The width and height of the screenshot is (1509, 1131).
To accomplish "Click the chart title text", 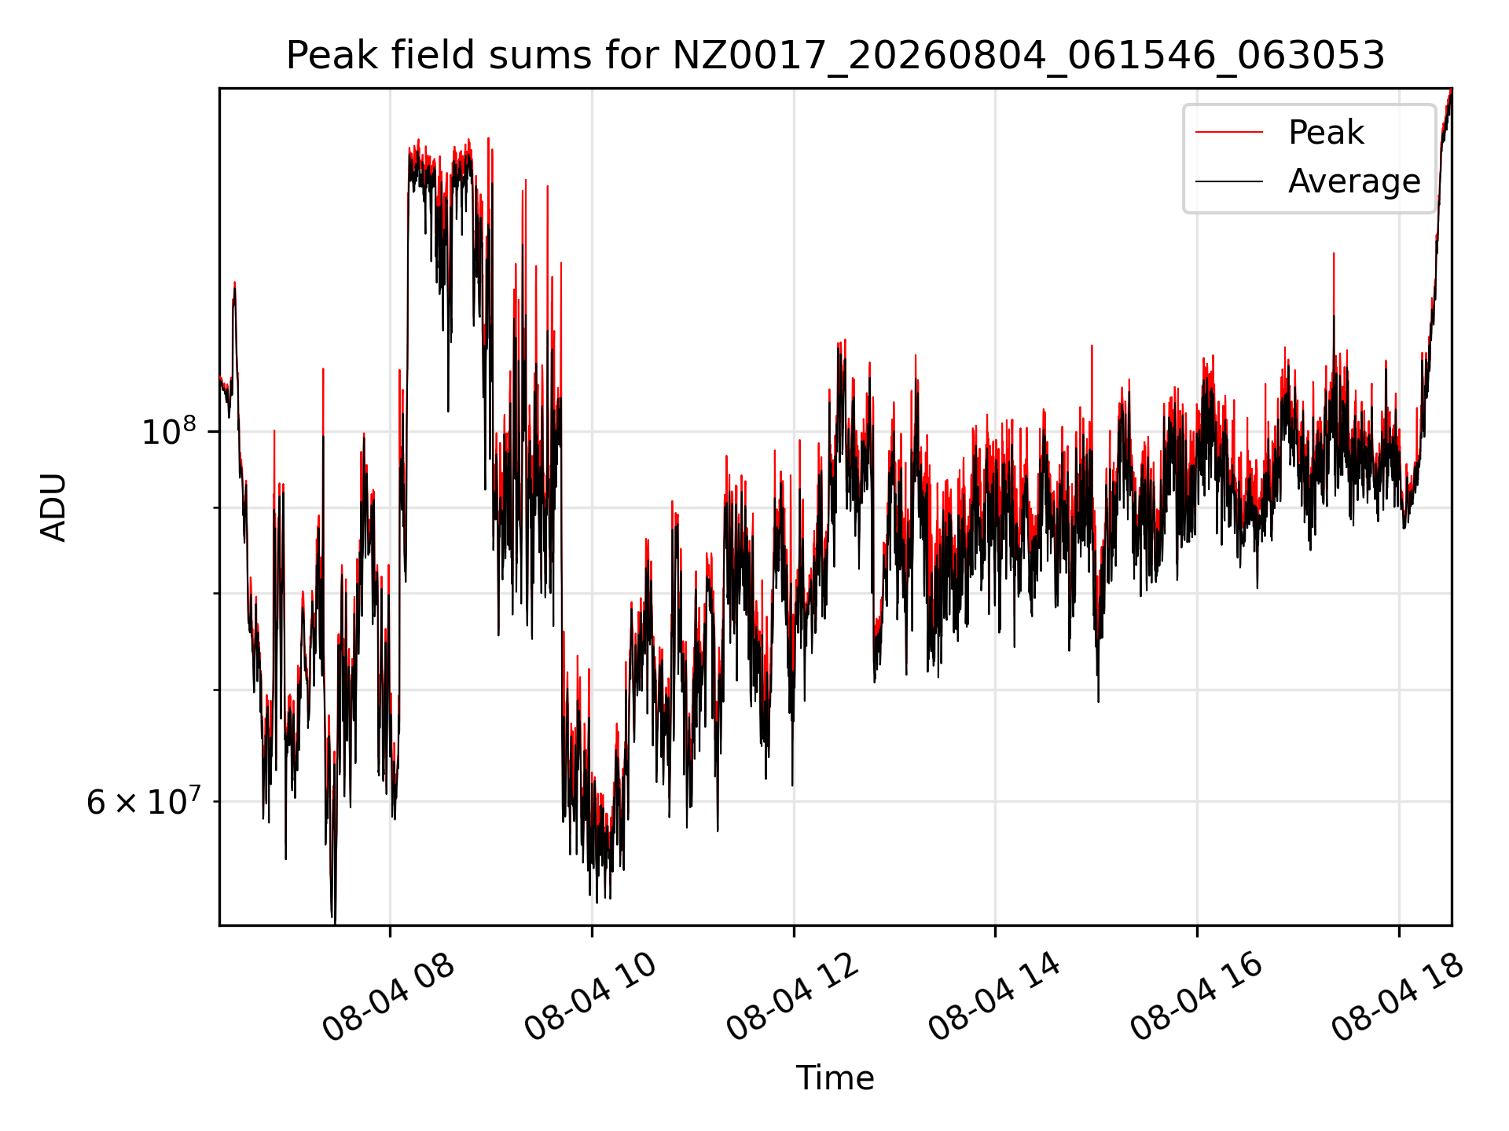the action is point(835,56).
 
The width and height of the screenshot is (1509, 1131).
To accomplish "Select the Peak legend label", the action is point(1326,133).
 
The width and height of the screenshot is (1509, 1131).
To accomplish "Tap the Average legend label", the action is point(1354,181).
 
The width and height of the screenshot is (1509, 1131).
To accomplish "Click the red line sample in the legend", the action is point(1229,133).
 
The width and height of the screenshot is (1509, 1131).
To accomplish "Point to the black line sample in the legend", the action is point(1229,181).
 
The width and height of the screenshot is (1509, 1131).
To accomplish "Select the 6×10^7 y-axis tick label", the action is point(144,801).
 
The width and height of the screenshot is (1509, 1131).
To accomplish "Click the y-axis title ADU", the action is point(53,507).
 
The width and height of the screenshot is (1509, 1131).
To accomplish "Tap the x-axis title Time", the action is point(835,1078).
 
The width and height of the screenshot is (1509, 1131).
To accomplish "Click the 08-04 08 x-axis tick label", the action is point(388,997).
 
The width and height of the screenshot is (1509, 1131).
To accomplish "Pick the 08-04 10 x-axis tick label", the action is point(589,997).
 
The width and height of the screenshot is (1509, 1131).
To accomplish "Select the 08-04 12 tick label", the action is point(791,997).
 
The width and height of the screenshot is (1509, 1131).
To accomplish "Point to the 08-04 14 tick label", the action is point(993,997).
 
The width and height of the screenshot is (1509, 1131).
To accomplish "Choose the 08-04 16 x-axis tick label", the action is point(1195,997).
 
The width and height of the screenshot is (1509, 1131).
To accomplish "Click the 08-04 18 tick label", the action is point(1397,997).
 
